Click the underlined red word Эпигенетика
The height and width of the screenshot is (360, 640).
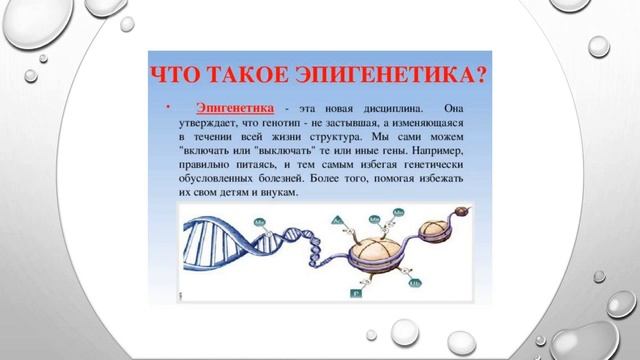pyautogui.click(x=235, y=106)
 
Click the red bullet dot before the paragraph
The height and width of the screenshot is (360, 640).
pyautogui.click(x=168, y=107)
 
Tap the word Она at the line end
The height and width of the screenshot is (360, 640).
pyautogui.click(x=455, y=107)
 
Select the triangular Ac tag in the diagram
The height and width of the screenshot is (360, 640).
pyautogui.click(x=337, y=219)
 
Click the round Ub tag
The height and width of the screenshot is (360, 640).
pyautogui.click(x=414, y=282)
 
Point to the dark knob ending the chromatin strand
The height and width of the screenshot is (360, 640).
pyautogui.click(x=464, y=213)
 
